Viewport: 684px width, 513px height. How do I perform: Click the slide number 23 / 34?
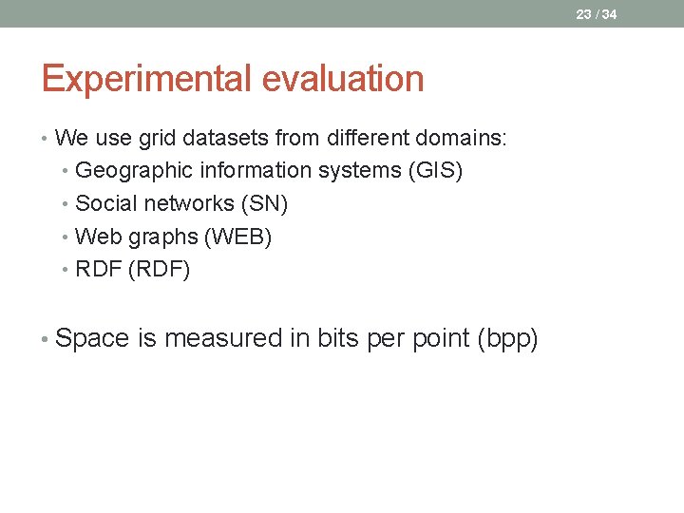596,14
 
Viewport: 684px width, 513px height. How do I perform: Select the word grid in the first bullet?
158,139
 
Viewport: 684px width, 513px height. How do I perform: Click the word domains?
462,139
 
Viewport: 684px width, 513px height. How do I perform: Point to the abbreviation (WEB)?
237,237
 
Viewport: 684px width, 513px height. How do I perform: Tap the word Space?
93,338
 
